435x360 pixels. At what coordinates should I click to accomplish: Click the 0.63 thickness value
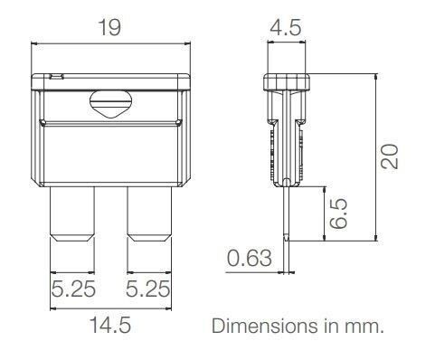[x=247, y=259]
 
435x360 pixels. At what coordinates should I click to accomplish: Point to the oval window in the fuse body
[x=112, y=107]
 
